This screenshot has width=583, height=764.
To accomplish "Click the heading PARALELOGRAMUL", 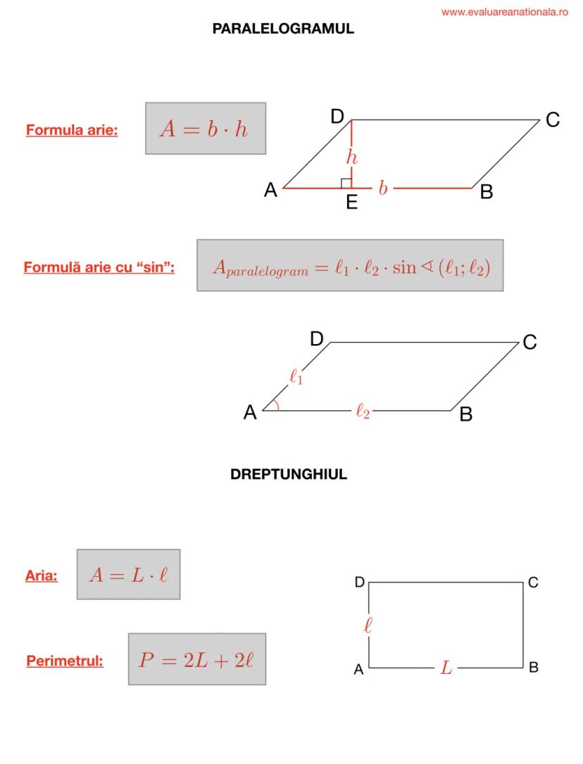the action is click(283, 29).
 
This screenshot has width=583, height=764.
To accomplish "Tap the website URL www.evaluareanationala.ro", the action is click(504, 12).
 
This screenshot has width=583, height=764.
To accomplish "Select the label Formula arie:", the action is click(72, 130).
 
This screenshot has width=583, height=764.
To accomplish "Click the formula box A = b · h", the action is click(206, 128).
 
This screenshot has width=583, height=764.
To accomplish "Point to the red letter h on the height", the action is click(352, 157).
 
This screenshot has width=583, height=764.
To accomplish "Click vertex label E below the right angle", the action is click(352, 202).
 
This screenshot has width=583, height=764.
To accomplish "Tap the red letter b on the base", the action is click(383, 188).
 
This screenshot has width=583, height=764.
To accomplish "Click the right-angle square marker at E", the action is click(346, 183).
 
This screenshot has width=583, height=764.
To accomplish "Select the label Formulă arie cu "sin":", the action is click(99, 267).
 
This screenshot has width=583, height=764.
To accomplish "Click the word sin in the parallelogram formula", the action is click(404, 267).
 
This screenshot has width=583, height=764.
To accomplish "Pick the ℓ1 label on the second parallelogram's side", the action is click(296, 376).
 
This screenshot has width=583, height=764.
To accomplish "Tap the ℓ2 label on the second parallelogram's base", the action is click(363, 412).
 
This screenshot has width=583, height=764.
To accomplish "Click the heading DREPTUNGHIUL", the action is click(289, 474).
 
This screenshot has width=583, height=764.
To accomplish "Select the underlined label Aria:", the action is click(42, 576).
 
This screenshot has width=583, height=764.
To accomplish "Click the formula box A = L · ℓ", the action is click(128, 575).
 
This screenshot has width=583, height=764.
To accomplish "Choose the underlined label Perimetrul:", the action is click(65, 661).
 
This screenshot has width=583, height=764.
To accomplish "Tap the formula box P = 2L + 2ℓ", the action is click(197, 659).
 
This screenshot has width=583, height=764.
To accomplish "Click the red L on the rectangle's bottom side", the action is click(446, 668).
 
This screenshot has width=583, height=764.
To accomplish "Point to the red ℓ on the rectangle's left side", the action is click(368, 625).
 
